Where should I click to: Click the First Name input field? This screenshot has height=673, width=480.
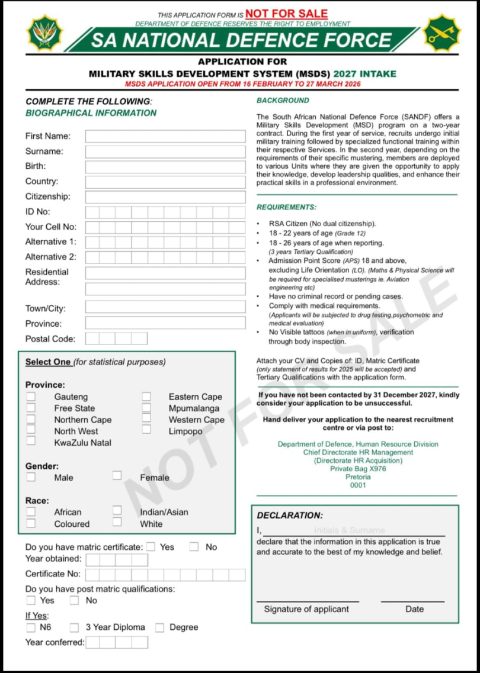[165, 136]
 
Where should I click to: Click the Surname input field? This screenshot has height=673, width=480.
[165, 152]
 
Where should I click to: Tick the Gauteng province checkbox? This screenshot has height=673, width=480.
[31, 397]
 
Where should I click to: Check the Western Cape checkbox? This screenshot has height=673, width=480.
[146, 419]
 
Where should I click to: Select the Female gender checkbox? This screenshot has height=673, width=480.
[117, 476]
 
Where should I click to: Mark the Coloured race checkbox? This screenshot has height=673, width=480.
[31, 523]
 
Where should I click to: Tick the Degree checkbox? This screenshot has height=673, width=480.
[159, 627]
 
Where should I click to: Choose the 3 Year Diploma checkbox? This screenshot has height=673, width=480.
[75, 627]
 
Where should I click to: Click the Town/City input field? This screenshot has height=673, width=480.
[165, 307]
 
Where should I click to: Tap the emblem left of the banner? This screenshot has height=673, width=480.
[43, 33]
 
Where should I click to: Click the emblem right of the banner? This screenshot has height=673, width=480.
[441, 33]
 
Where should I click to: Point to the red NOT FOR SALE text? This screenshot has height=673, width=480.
[286, 13]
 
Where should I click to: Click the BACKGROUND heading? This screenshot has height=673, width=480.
[283, 101]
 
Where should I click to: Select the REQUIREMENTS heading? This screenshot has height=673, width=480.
[286, 207]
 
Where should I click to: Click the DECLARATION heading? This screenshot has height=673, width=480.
[290, 516]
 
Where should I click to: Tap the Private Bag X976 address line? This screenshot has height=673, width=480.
[358, 469]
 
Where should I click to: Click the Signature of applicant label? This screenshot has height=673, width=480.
[306, 609]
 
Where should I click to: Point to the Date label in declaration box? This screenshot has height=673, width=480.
[414, 609]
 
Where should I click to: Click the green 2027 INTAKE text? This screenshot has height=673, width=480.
[364, 74]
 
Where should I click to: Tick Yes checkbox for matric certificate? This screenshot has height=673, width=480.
[151, 547]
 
